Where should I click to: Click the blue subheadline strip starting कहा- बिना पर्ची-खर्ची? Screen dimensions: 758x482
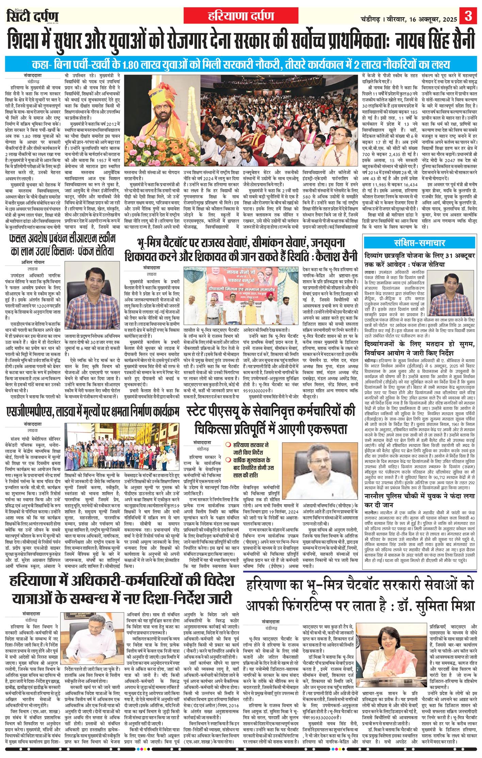click(x=241, y=64)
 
